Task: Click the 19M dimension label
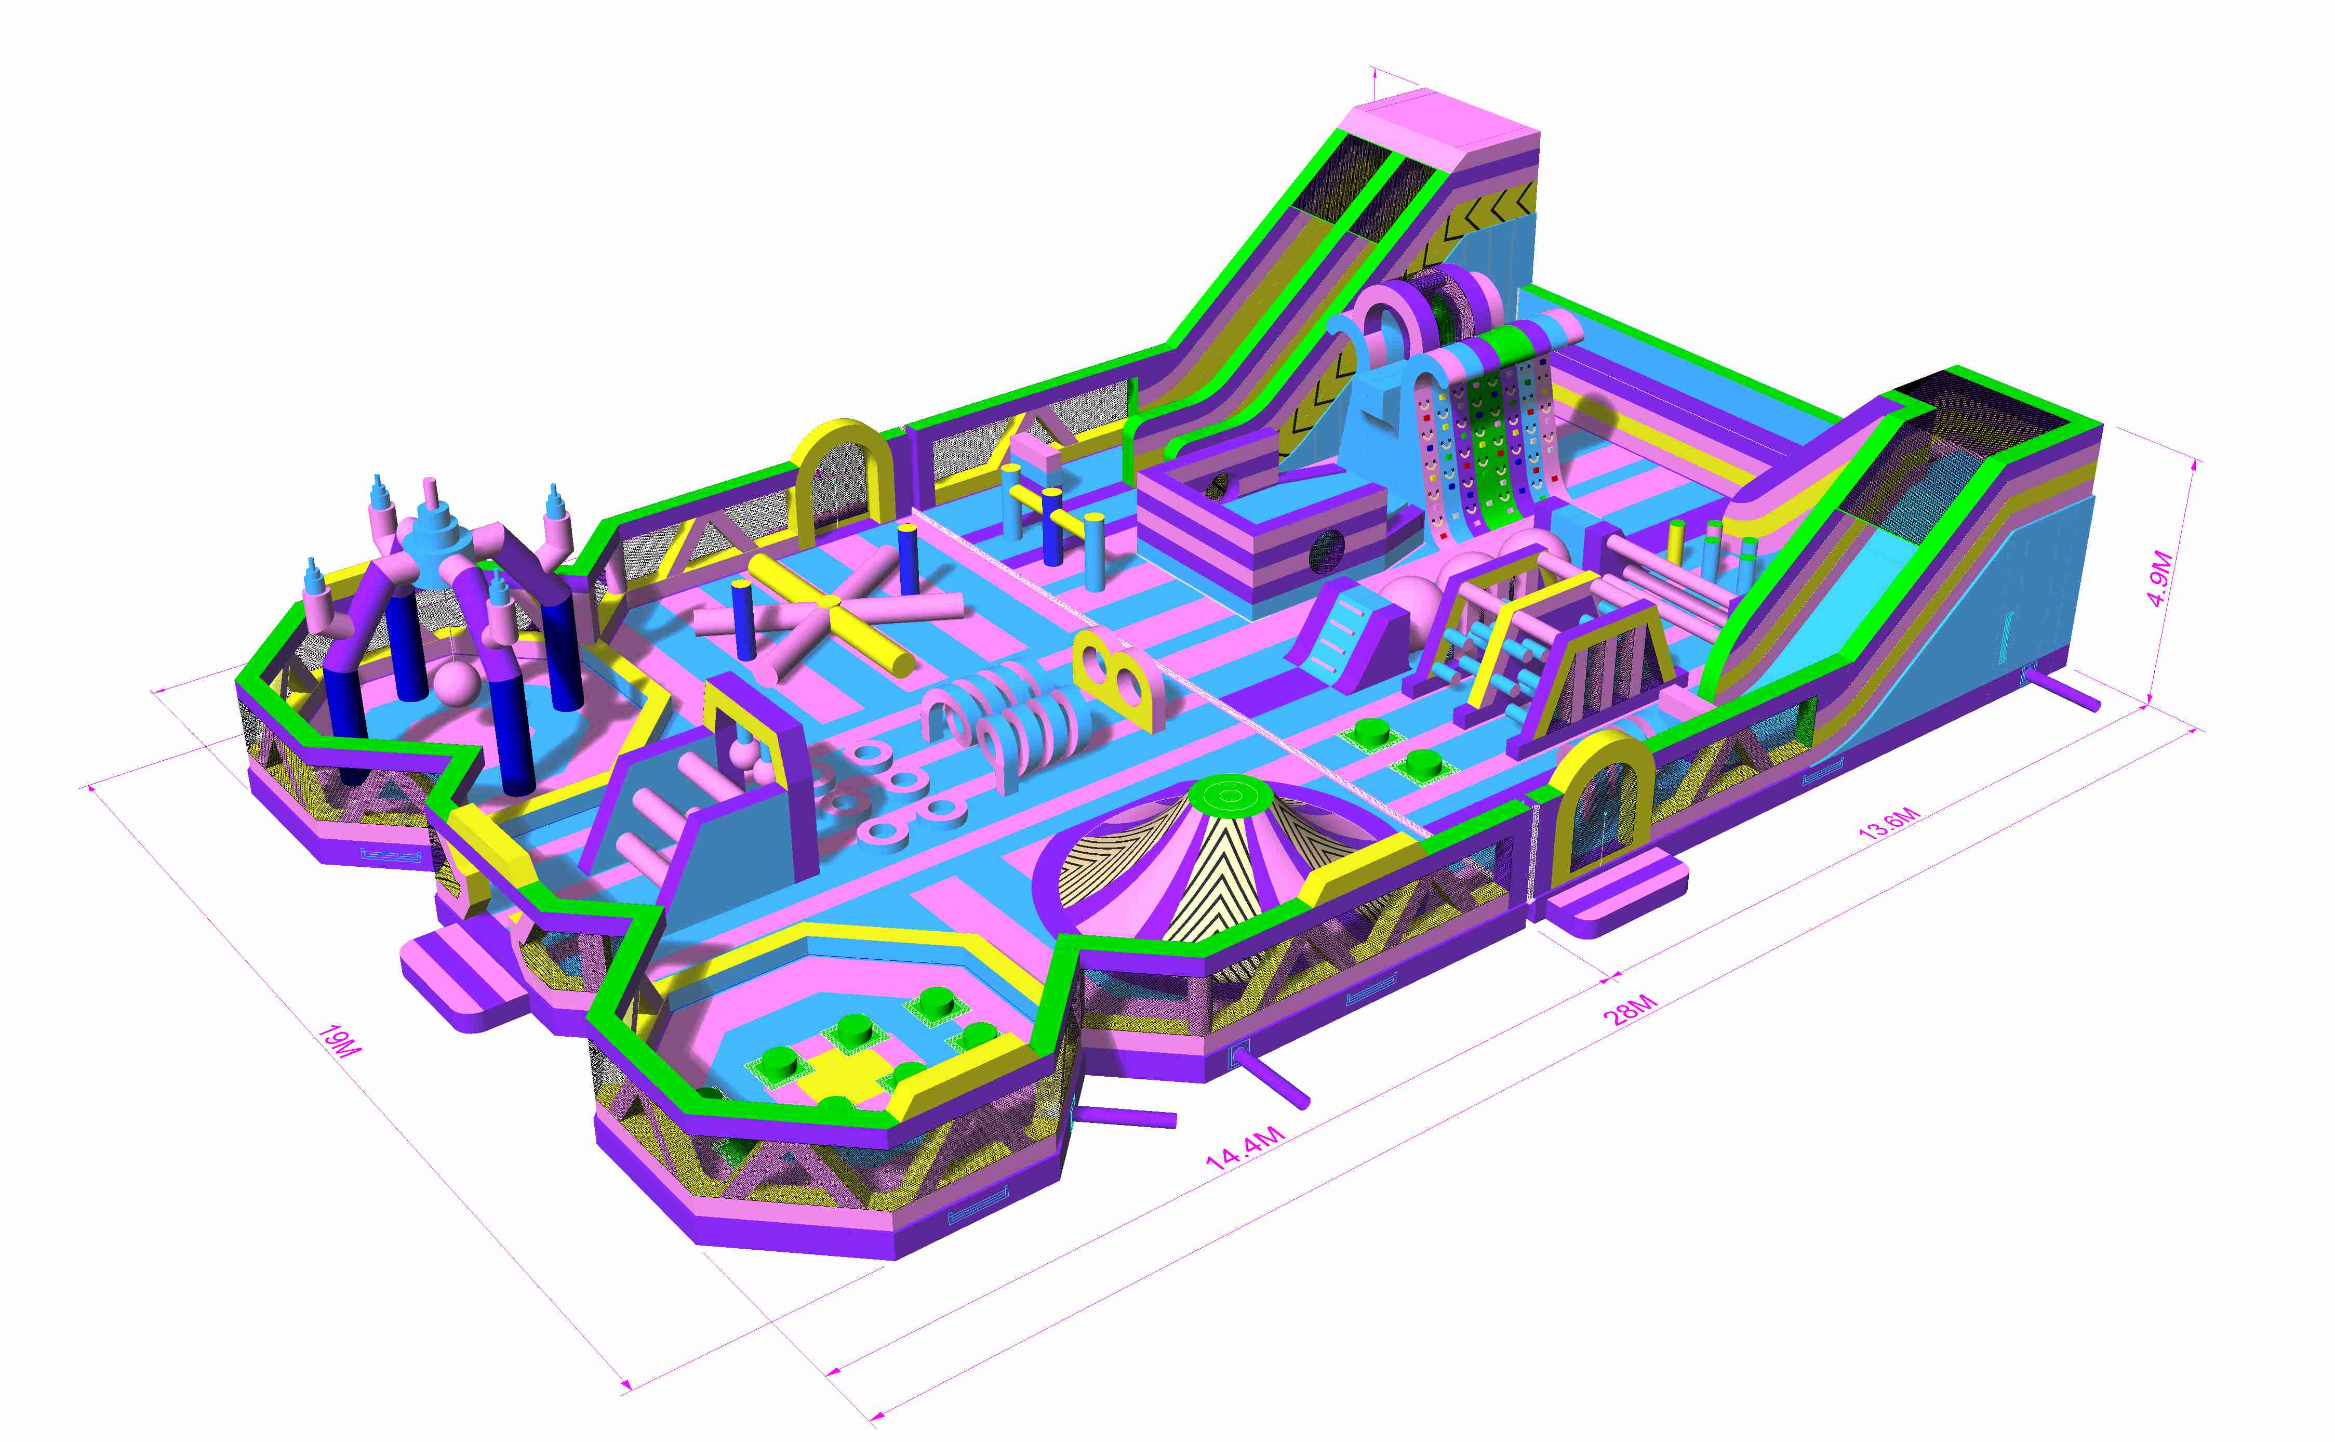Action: (339, 1041)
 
